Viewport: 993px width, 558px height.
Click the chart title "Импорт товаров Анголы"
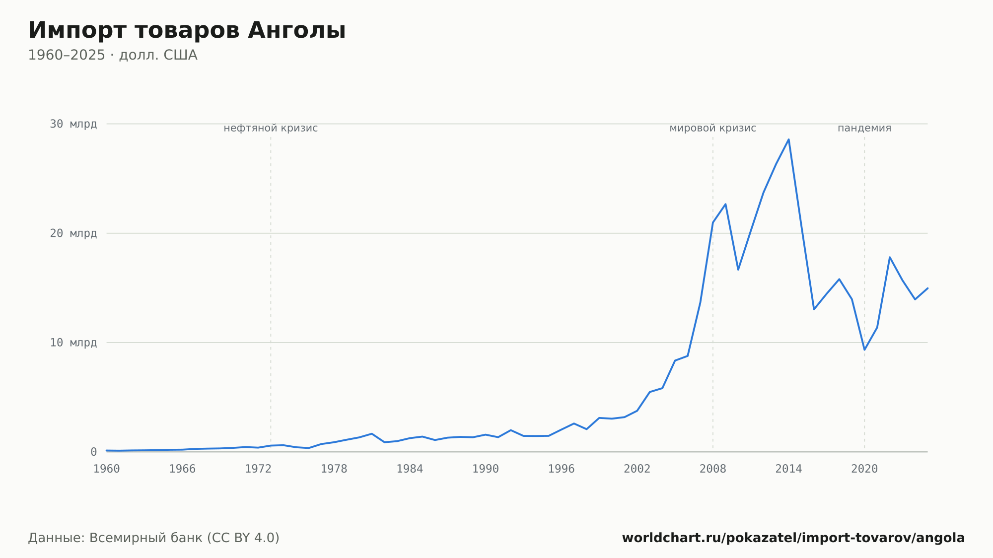pyautogui.click(x=187, y=31)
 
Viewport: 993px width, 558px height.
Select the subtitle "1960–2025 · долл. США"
pyautogui.click(x=113, y=55)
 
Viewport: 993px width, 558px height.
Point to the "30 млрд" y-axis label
pyautogui.click(x=73, y=124)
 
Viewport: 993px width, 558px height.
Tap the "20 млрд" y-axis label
pyautogui.click(x=73, y=233)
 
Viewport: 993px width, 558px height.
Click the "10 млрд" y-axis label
pyautogui.click(x=73, y=343)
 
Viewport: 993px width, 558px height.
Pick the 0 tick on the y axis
pyautogui.click(x=93, y=452)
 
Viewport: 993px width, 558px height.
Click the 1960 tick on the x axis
pyautogui.click(x=107, y=469)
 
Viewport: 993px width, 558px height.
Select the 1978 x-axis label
pyautogui.click(x=334, y=469)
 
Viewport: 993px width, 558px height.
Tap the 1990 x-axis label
pyautogui.click(x=486, y=469)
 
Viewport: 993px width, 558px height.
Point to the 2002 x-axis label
pyautogui.click(x=637, y=469)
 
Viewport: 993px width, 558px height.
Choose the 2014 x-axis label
pyautogui.click(x=788, y=469)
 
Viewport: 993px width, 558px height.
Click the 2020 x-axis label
pyautogui.click(x=864, y=469)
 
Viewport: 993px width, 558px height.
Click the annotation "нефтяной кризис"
pyautogui.click(x=271, y=128)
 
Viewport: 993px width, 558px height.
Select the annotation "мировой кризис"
pyautogui.click(x=713, y=128)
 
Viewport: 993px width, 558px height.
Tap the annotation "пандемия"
pyautogui.click(x=864, y=128)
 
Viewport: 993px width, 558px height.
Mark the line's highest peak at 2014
pyautogui.click(x=788, y=139)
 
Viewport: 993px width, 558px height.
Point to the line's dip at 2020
pyautogui.click(x=864, y=349)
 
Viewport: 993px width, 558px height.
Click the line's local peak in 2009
pyautogui.click(x=725, y=204)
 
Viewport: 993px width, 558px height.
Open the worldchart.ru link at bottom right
pyautogui.click(x=793, y=538)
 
